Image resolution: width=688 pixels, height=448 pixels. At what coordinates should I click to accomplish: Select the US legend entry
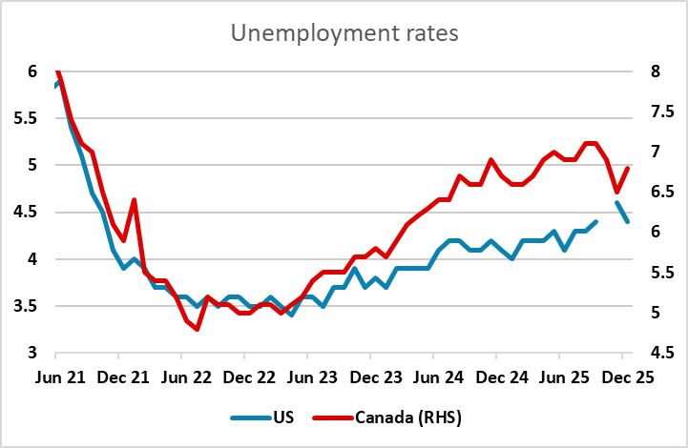point(281,417)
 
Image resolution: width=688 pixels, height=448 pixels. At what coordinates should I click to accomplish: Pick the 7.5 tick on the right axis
point(658,112)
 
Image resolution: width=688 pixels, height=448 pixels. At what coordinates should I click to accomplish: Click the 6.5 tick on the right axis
point(658,192)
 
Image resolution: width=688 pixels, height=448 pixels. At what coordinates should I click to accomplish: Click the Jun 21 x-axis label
point(57,377)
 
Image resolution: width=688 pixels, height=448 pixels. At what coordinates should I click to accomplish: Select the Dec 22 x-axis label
point(245,377)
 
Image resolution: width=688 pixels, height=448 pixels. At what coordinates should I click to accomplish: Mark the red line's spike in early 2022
point(134,199)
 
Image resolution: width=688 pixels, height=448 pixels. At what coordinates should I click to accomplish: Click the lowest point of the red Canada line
point(197,329)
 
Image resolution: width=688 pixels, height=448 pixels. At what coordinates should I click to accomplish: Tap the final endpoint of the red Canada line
point(628,168)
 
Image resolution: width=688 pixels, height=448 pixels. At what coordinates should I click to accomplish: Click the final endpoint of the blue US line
point(628,221)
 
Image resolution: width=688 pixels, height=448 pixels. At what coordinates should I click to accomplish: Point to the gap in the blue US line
point(607,212)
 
